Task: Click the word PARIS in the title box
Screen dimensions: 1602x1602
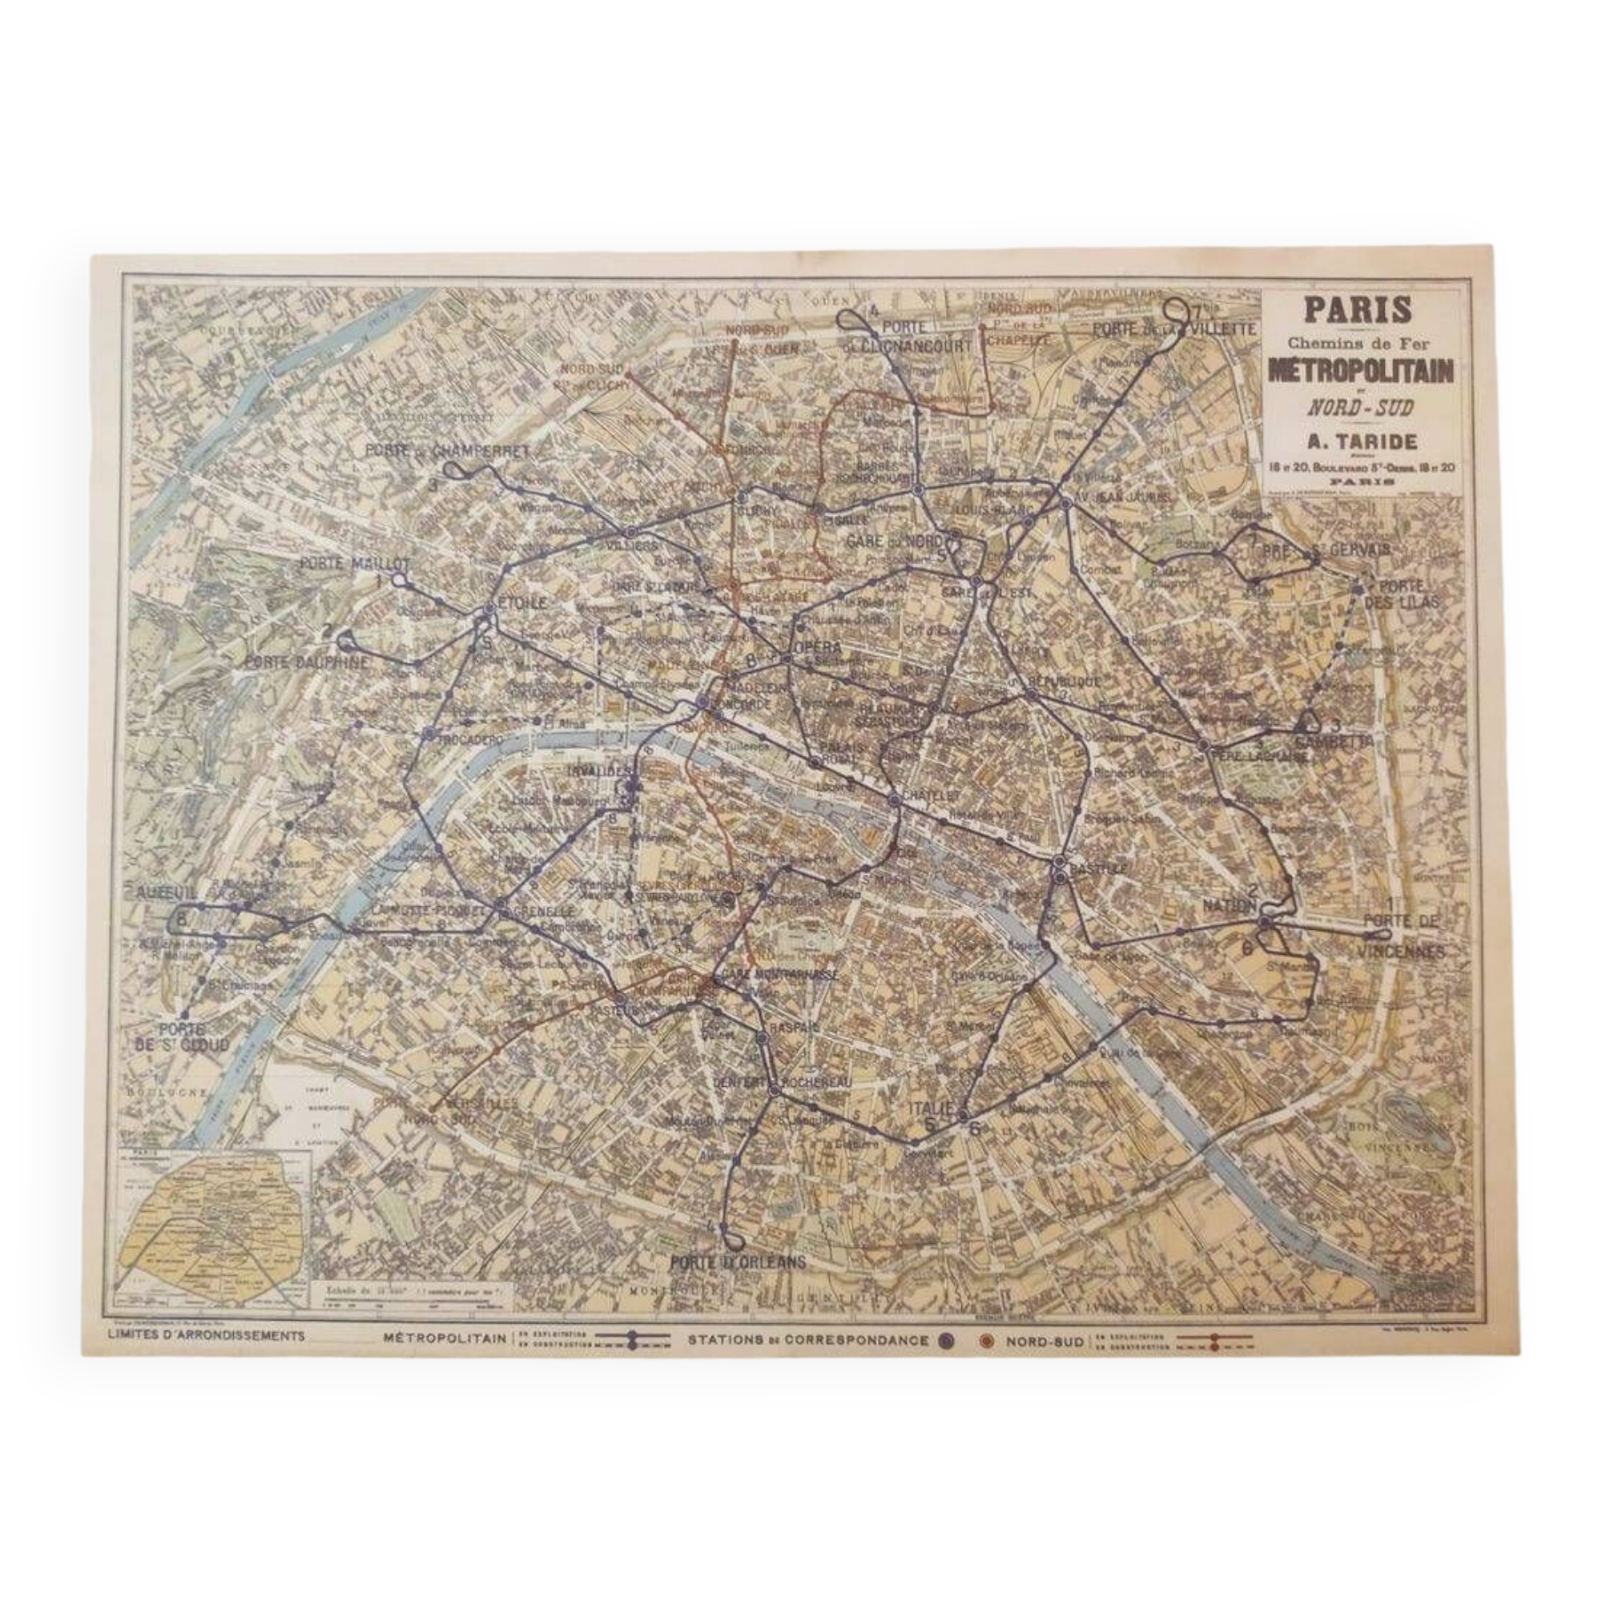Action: (x=1358, y=309)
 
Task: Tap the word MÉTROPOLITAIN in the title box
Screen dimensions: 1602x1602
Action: (x=1360, y=372)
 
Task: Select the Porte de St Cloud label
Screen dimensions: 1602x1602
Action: (x=184, y=1036)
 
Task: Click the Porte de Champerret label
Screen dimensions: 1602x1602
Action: (x=445, y=451)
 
